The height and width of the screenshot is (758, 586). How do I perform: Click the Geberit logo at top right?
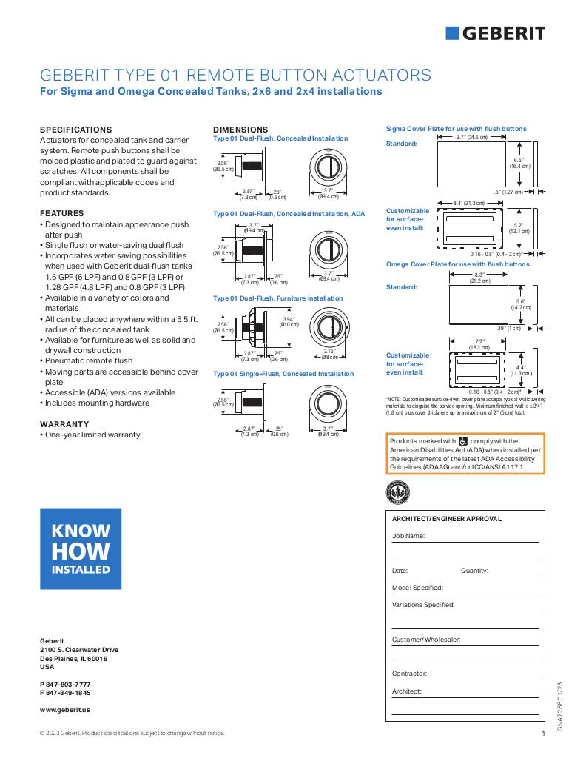[x=496, y=33]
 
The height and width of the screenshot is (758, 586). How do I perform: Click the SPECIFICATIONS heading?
[x=75, y=129]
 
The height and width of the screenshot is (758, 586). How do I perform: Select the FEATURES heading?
[x=61, y=213]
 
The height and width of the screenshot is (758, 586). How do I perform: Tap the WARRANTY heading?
[x=64, y=424]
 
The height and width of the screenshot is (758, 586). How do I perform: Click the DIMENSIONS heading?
[x=240, y=129]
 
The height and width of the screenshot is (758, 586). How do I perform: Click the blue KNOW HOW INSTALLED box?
[x=80, y=549]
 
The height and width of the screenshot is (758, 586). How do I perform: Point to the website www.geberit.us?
[x=65, y=709]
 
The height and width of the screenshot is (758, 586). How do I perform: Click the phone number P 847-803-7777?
[x=65, y=683]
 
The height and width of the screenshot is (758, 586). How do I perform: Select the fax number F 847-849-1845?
[x=65, y=692]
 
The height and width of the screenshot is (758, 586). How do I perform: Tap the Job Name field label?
[x=408, y=534]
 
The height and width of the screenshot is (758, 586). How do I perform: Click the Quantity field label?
[x=475, y=571]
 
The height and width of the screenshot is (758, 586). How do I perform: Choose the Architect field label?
[x=407, y=691]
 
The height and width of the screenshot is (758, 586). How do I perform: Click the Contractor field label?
[x=410, y=674]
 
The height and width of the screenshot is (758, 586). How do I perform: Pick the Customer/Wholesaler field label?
[x=426, y=639]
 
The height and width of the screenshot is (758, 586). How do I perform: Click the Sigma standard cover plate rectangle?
[x=471, y=164]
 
